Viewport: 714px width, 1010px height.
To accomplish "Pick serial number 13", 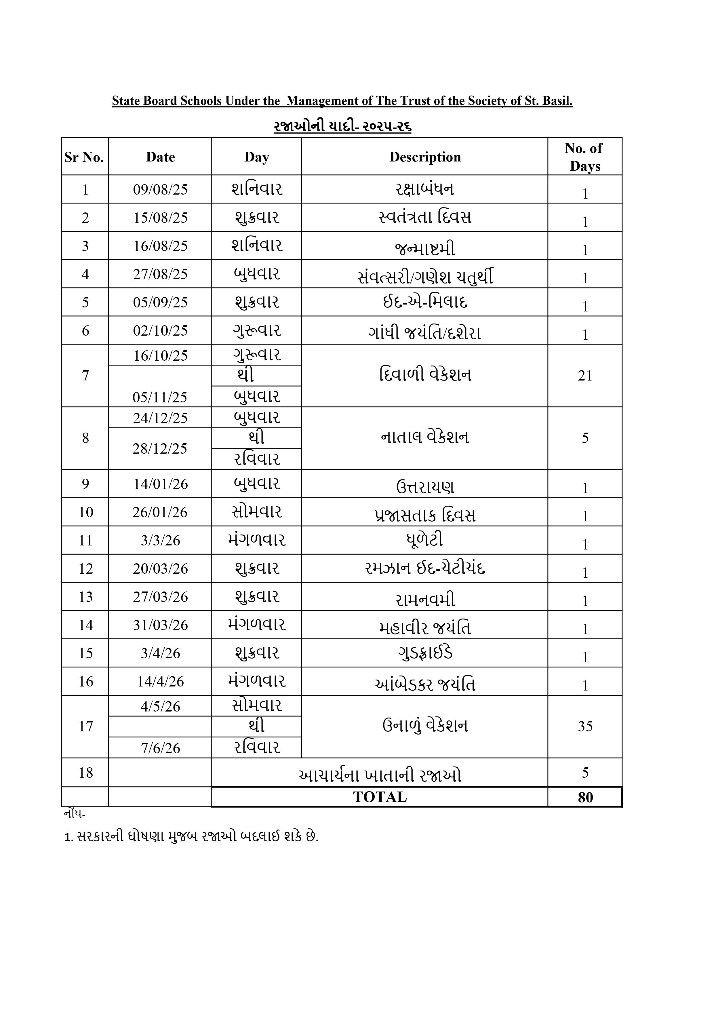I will [85, 597].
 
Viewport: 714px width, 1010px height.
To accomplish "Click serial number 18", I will [85, 773].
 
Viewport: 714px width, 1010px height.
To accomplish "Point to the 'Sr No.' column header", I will [84, 157].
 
